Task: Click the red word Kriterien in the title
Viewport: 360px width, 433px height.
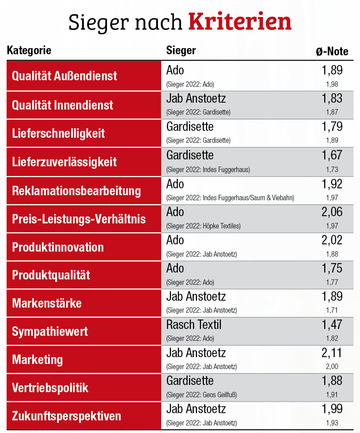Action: [x=240, y=22]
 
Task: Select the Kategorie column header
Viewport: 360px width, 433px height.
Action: [x=29, y=50]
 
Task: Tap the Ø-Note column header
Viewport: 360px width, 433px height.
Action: [x=332, y=51]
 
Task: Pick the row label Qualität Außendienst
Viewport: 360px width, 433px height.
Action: [x=65, y=76]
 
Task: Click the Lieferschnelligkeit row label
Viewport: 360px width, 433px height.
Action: [x=59, y=133]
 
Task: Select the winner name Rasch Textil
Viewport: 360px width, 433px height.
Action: [x=194, y=325]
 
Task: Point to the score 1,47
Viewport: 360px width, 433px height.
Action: [x=332, y=325]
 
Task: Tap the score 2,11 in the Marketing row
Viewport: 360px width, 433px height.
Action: [x=332, y=352]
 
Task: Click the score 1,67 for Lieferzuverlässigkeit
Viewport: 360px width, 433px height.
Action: [x=332, y=155]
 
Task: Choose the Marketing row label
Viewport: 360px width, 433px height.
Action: [x=38, y=360]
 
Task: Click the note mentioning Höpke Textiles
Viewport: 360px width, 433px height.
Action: [x=203, y=226]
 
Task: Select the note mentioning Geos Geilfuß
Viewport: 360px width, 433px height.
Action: [x=201, y=395]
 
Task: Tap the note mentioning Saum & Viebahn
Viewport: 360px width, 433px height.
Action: [x=230, y=198]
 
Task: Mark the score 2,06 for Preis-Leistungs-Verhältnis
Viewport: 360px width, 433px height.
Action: [x=332, y=212]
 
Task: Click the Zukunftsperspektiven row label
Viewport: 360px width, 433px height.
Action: [x=67, y=416]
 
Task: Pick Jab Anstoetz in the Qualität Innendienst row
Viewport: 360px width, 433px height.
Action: [x=196, y=99]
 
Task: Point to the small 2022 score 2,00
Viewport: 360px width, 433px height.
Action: [x=332, y=366]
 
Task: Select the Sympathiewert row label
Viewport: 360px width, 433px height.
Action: [x=50, y=331]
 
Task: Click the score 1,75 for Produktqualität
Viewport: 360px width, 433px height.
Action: [x=332, y=268]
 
